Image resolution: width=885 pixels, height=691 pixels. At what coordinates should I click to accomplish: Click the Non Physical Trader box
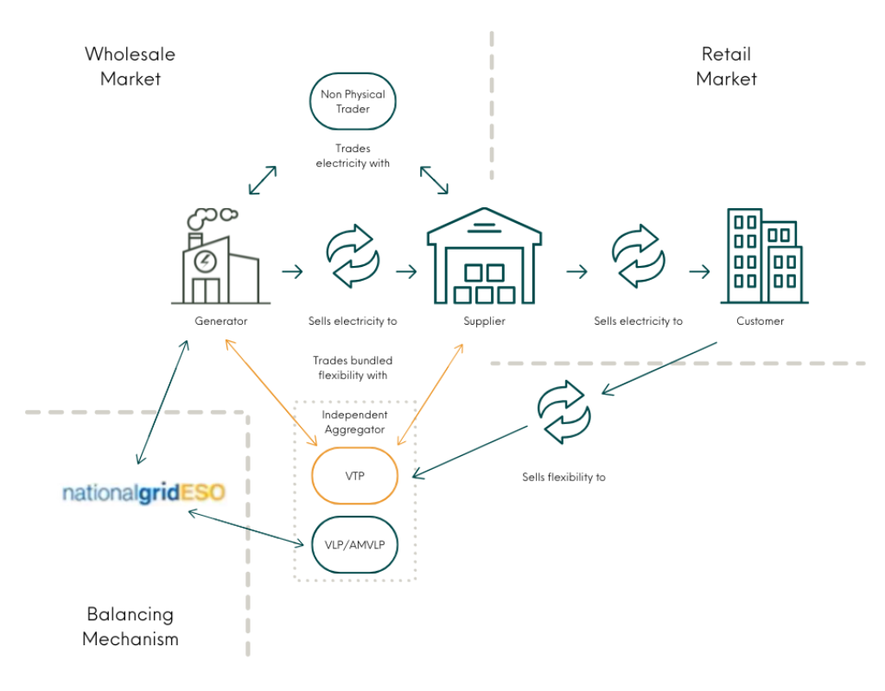click(x=353, y=102)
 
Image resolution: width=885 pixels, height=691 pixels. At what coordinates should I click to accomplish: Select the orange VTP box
click(x=354, y=475)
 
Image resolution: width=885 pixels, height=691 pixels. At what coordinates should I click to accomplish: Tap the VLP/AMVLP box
click(x=354, y=544)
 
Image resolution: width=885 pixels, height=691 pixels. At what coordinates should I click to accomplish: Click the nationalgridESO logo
click(x=143, y=493)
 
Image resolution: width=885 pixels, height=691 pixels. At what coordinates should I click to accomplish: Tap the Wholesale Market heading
click(x=130, y=67)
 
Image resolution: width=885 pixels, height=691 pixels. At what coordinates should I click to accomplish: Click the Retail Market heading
click(x=726, y=67)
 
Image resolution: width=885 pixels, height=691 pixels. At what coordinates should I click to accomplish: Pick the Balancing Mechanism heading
click(x=131, y=626)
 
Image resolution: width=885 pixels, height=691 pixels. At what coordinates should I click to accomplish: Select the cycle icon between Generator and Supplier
click(x=352, y=256)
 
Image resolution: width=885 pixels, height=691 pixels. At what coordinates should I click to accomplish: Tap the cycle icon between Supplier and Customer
click(x=638, y=256)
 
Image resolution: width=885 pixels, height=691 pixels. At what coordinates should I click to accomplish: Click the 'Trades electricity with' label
click(x=353, y=155)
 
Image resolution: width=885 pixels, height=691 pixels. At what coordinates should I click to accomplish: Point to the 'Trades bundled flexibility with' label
click(x=353, y=368)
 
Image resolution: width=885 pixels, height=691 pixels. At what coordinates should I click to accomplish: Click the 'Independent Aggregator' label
click(x=354, y=422)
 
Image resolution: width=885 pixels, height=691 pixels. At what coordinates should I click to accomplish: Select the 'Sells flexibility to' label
click(x=563, y=477)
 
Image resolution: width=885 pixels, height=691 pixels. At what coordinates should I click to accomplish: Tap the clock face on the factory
click(x=205, y=260)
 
